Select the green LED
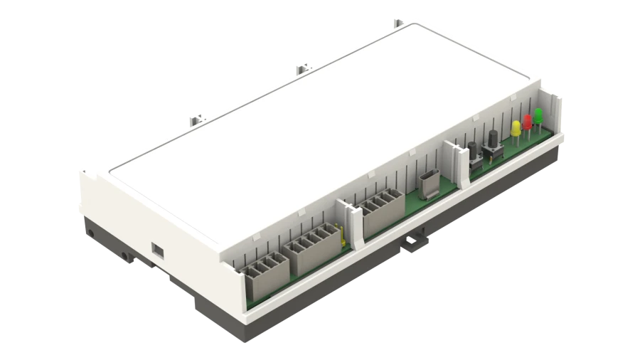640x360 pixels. click(538, 115)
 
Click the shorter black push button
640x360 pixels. click(472, 150)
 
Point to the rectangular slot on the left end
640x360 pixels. click(157, 250)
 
